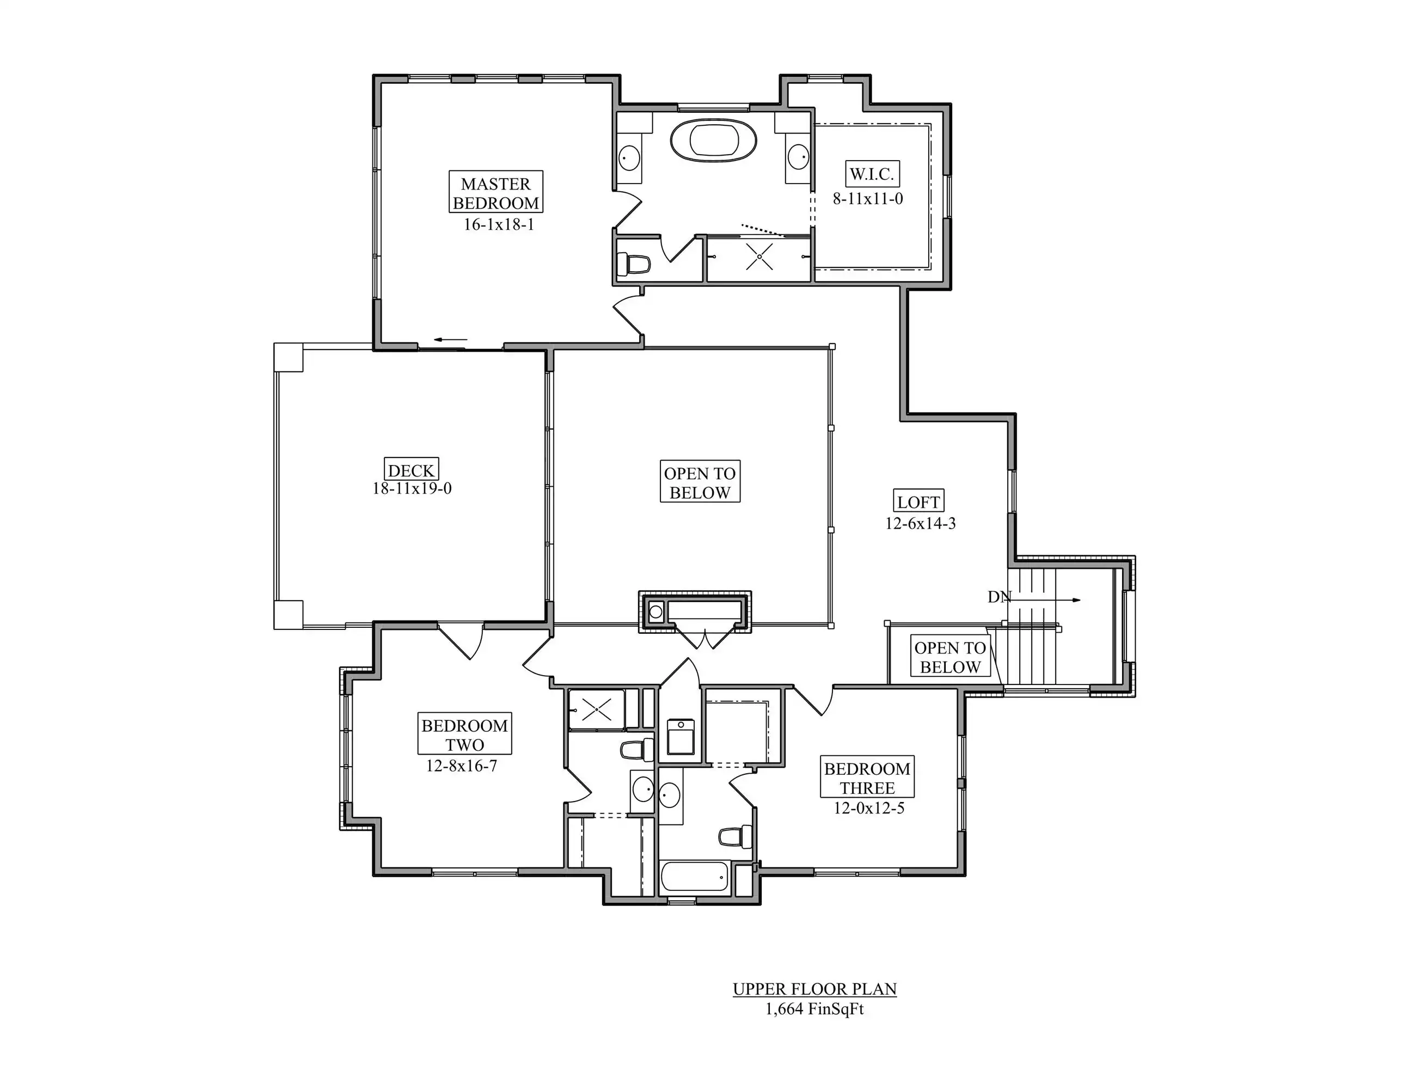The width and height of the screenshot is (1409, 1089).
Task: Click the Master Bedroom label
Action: tap(495, 192)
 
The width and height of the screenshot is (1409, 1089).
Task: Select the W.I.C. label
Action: tap(872, 174)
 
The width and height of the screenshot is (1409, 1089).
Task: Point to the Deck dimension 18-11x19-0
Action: tap(412, 488)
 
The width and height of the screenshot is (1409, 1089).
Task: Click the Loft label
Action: tap(918, 502)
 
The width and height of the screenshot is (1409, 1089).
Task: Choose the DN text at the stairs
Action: tap(1000, 597)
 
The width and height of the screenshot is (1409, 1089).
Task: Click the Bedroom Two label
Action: tap(464, 734)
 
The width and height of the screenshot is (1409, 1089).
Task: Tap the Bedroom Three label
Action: tap(867, 778)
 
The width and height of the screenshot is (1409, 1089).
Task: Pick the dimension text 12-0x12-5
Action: tap(869, 807)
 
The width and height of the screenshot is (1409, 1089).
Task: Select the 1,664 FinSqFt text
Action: tap(814, 1009)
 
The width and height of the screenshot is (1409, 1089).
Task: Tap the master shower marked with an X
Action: tap(759, 258)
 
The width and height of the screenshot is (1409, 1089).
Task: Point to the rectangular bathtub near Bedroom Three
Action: tap(695, 877)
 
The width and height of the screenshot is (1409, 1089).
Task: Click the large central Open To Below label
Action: tap(700, 482)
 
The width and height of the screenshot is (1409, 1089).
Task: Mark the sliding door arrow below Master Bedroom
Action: tap(450, 339)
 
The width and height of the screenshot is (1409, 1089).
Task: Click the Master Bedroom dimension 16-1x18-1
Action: tap(499, 224)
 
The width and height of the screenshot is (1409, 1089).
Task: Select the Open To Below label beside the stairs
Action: tap(950, 657)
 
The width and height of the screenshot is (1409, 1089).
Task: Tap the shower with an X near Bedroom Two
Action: tap(597, 709)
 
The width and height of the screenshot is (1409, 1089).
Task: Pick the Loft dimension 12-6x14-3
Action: tap(920, 523)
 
